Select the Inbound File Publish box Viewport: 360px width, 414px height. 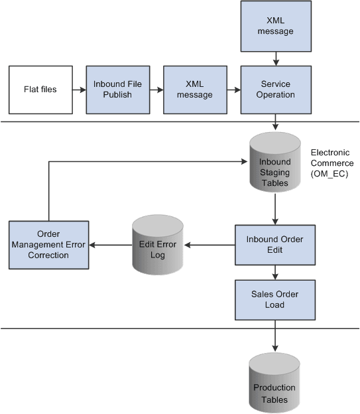coord(113,90)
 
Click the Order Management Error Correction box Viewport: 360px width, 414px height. coord(48,245)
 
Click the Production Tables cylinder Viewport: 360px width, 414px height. coord(274,384)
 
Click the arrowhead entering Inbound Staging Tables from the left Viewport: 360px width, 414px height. coord(243,161)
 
